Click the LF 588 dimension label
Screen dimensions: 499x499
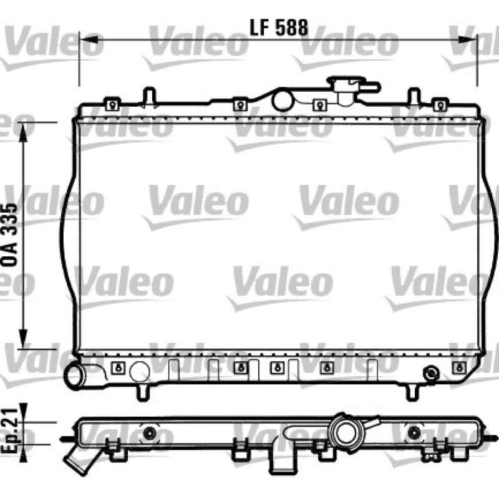(279, 27)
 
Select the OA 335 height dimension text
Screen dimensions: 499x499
(9, 235)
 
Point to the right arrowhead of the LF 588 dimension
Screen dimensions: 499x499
(468, 40)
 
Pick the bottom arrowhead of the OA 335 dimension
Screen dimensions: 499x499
(23, 339)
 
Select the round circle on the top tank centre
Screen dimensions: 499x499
(283, 101)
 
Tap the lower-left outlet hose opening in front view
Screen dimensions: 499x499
(75, 376)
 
